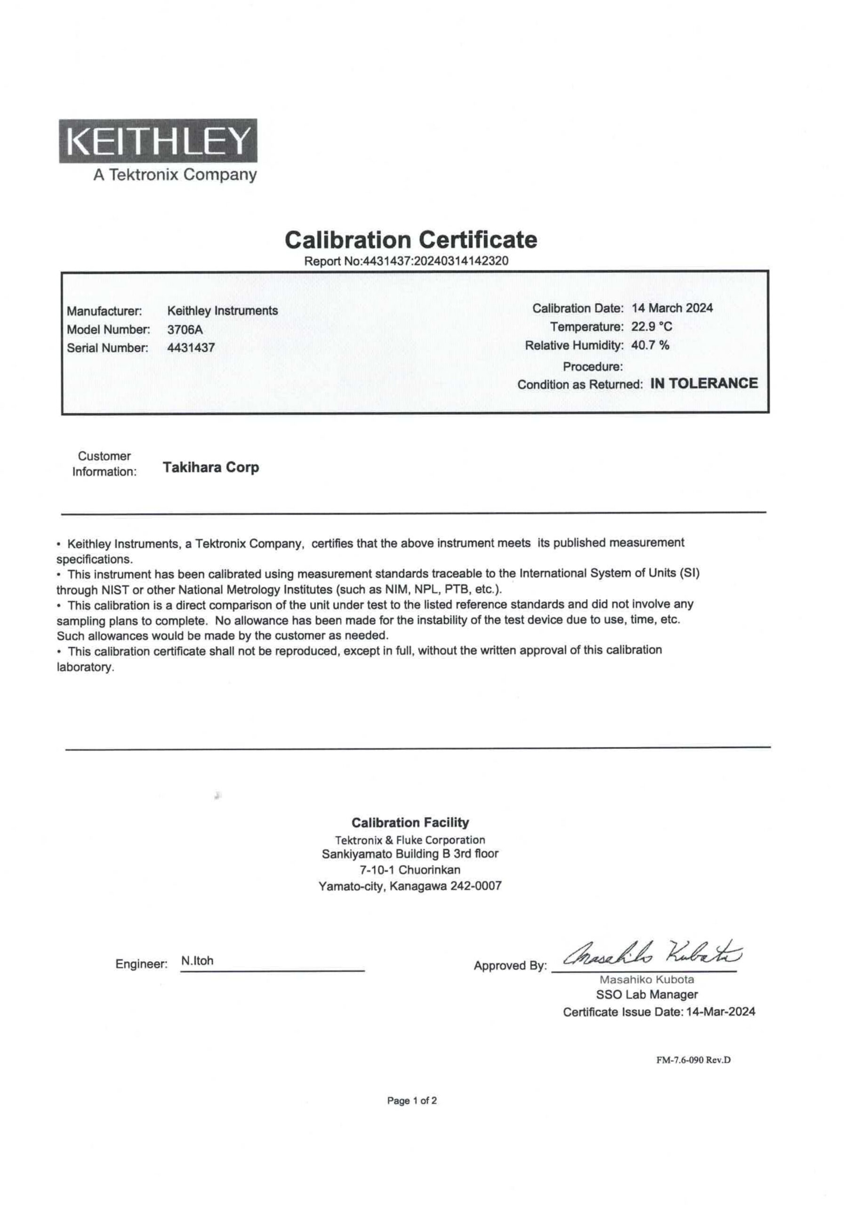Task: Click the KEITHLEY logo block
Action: click(x=158, y=141)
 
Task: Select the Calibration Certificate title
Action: click(x=410, y=240)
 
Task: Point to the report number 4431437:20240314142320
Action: click(x=435, y=261)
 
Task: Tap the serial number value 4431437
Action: click(x=191, y=347)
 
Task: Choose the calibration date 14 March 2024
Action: click(x=672, y=308)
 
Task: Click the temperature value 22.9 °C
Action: click(x=651, y=327)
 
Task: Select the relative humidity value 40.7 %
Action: click(x=650, y=345)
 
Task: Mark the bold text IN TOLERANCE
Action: click(x=704, y=383)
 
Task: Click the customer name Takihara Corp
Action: click(x=210, y=466)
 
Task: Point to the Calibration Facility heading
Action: click(x=410, y=822)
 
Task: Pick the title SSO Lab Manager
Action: click(x=647, y=994)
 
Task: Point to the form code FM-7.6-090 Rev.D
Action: click(x=693, y=1060)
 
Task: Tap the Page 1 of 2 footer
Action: click(x=411, y=1101)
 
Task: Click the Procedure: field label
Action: click(x=593, y=366)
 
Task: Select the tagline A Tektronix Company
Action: click(x=175, y=174)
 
